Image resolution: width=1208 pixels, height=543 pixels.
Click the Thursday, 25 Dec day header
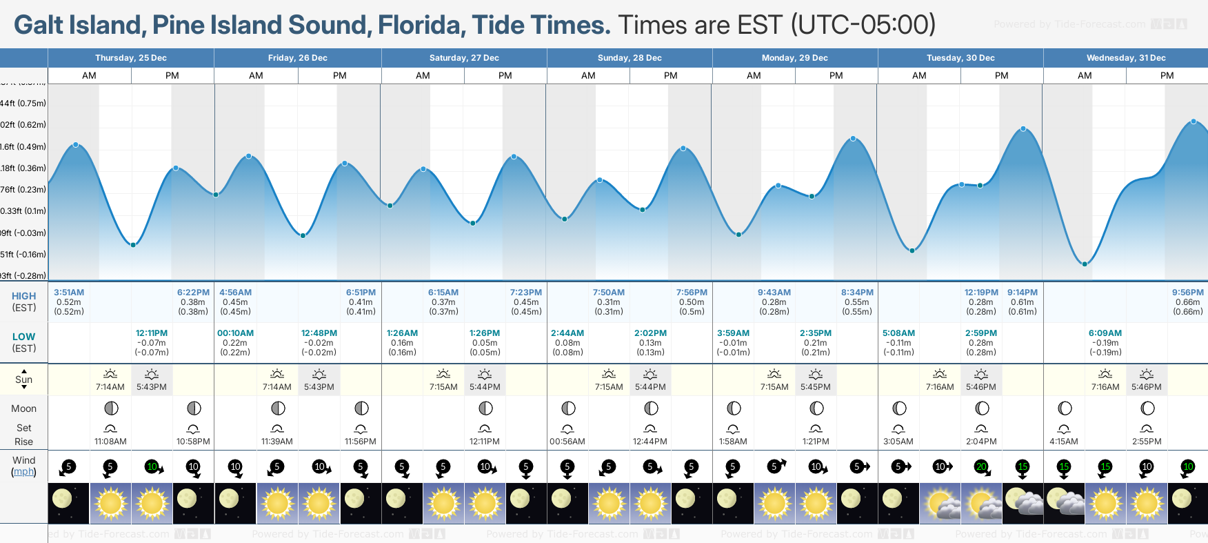(x=131, y=58)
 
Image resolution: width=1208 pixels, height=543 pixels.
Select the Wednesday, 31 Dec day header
(x=1125, y=58)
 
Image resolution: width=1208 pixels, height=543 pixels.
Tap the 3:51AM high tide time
(x=69, y=293)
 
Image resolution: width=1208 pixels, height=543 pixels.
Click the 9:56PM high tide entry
(x=1187, y=293)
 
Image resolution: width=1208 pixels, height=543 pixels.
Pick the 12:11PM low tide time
(x=152, y=333)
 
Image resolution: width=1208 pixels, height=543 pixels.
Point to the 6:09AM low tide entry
(x=1105, y=333)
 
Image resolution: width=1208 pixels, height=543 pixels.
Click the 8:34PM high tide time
(x=857, y=293)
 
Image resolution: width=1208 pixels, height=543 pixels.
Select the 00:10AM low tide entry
(x=235, y=333)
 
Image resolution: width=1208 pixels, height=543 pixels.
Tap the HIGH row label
(x=23, y=296)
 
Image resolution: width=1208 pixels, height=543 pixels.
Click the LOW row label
(x=23, y=337)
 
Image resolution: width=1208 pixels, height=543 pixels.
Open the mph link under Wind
(x=23, y=472)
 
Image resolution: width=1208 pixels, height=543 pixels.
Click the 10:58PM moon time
(x=193, y=442)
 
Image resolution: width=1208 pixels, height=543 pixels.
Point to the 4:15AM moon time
(x=1063, y=442)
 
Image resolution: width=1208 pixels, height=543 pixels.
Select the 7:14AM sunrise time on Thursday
(x=110, y=387)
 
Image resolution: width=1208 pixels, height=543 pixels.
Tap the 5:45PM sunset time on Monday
(x=816, y=387)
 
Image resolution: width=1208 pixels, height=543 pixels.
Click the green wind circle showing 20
(x=980, y=466)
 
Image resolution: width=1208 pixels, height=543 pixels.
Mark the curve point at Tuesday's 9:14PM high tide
(x=1023, y=129)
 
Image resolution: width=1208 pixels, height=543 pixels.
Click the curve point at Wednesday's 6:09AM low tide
(x=1085, y=264)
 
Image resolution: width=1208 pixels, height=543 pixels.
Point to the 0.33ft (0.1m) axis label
(x=23, y=211)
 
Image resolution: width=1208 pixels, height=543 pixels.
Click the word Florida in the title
(x=419, y=26)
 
